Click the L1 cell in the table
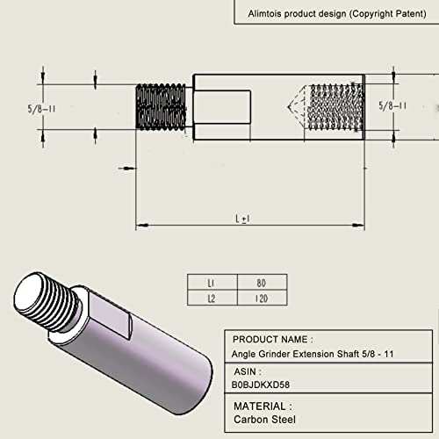[212, 283]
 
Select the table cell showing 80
[263, 283]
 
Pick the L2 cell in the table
[212, 298]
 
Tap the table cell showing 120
[263, 298]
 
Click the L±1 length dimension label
[242, 219]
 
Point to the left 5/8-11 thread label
[41, 109]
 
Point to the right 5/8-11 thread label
[392, 105]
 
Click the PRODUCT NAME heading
[273, 340]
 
